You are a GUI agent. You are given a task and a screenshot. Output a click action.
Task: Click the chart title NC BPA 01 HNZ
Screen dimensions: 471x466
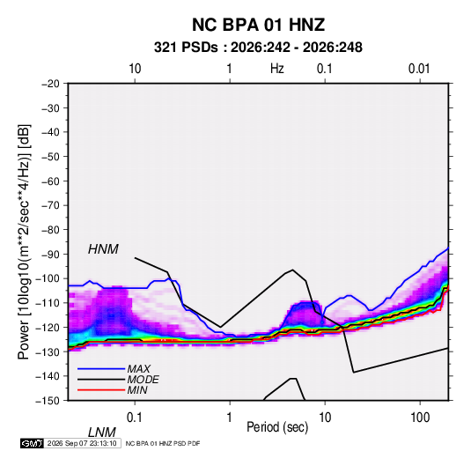pyautogui.click(x=258, y=25)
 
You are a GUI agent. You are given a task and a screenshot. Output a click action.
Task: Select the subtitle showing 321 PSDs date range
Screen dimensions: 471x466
pyautogui.click(x=258, y=48)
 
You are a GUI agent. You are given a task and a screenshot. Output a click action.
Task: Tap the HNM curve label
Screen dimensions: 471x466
pyautogui.click(x=103, y=249)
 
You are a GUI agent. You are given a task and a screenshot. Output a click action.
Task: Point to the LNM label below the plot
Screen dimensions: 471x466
pyautogui.click(x=101, y=433)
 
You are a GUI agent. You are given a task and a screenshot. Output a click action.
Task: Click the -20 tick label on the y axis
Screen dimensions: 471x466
pyautogui.click(x=50, y=84)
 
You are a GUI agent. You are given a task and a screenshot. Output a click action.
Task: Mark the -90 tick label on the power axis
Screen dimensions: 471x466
pyautogui.click(x=50, y=255)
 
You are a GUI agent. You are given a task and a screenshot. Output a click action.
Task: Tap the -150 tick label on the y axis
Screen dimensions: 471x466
pyautogui.click(x=48, y=401)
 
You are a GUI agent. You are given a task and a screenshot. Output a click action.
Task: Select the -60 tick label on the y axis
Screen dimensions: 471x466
pyautogui.click(x=50, y=181)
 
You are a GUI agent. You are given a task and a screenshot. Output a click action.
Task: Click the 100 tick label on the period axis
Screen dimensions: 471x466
pyautogui.click(x=420, y=418)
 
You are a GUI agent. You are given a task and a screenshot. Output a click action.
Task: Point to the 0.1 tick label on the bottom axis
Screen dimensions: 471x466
pyautogui.click(x=135, y=418)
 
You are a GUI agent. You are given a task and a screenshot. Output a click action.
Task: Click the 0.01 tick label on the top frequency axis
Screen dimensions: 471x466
pyautogui.click(x=419, y=69)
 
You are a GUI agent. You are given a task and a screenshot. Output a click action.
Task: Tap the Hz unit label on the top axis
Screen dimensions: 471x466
pyautogui.click(x=277, y=69)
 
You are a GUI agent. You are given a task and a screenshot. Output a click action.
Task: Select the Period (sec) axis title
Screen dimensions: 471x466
pyautogui.click(x=277, y=427)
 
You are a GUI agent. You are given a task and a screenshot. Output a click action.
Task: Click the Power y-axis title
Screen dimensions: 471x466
pyautogui.click(x=24, y=242)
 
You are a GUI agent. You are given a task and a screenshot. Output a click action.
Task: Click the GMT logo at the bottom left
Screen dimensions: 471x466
pyautogui.click(x=32, y=443)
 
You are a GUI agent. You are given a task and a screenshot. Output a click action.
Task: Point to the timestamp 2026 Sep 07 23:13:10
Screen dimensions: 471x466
pyautogui.click(x=82, y=443)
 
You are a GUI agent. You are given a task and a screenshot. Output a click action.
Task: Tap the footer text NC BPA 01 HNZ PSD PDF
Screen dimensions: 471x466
pyautogui.click(x=163, y=443)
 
